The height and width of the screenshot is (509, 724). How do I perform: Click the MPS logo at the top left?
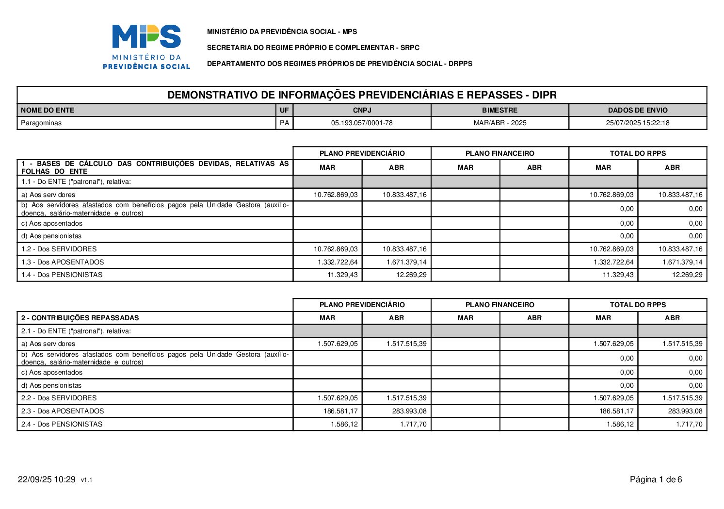(x=146, y=47)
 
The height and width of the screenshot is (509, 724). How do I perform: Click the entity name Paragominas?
(x=41, y=123)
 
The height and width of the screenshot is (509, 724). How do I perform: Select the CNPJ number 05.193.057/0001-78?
(x=362, y=123)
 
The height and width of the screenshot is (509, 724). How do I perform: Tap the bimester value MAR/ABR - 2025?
(x=499, y=123)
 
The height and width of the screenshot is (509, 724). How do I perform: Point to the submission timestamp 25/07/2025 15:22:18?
(x=637, y=123)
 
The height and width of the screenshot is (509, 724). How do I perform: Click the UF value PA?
(x=285, y=123)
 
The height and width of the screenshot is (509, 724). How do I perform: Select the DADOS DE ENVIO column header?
(x=637, y=110)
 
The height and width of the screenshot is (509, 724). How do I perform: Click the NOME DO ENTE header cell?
(x=48, y=110)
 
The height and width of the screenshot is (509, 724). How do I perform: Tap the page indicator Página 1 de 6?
(x=656, y=480)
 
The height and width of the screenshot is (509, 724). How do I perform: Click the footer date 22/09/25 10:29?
(x=47, y=480)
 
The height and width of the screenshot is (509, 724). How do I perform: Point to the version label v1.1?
(x=87, y=480)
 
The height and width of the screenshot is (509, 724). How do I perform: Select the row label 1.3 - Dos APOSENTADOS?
(x=63, y=262)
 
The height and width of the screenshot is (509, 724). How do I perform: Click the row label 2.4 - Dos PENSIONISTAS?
(x=62, y=424)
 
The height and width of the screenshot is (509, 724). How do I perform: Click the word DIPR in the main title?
(x=544, y=95)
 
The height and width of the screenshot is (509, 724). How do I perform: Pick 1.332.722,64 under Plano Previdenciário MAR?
(x=338, y=262)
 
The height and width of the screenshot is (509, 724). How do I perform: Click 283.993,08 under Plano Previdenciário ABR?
(x=409, y=411)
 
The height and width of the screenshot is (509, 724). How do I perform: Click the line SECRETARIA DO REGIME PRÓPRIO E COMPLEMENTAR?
(x=313, y=48)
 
